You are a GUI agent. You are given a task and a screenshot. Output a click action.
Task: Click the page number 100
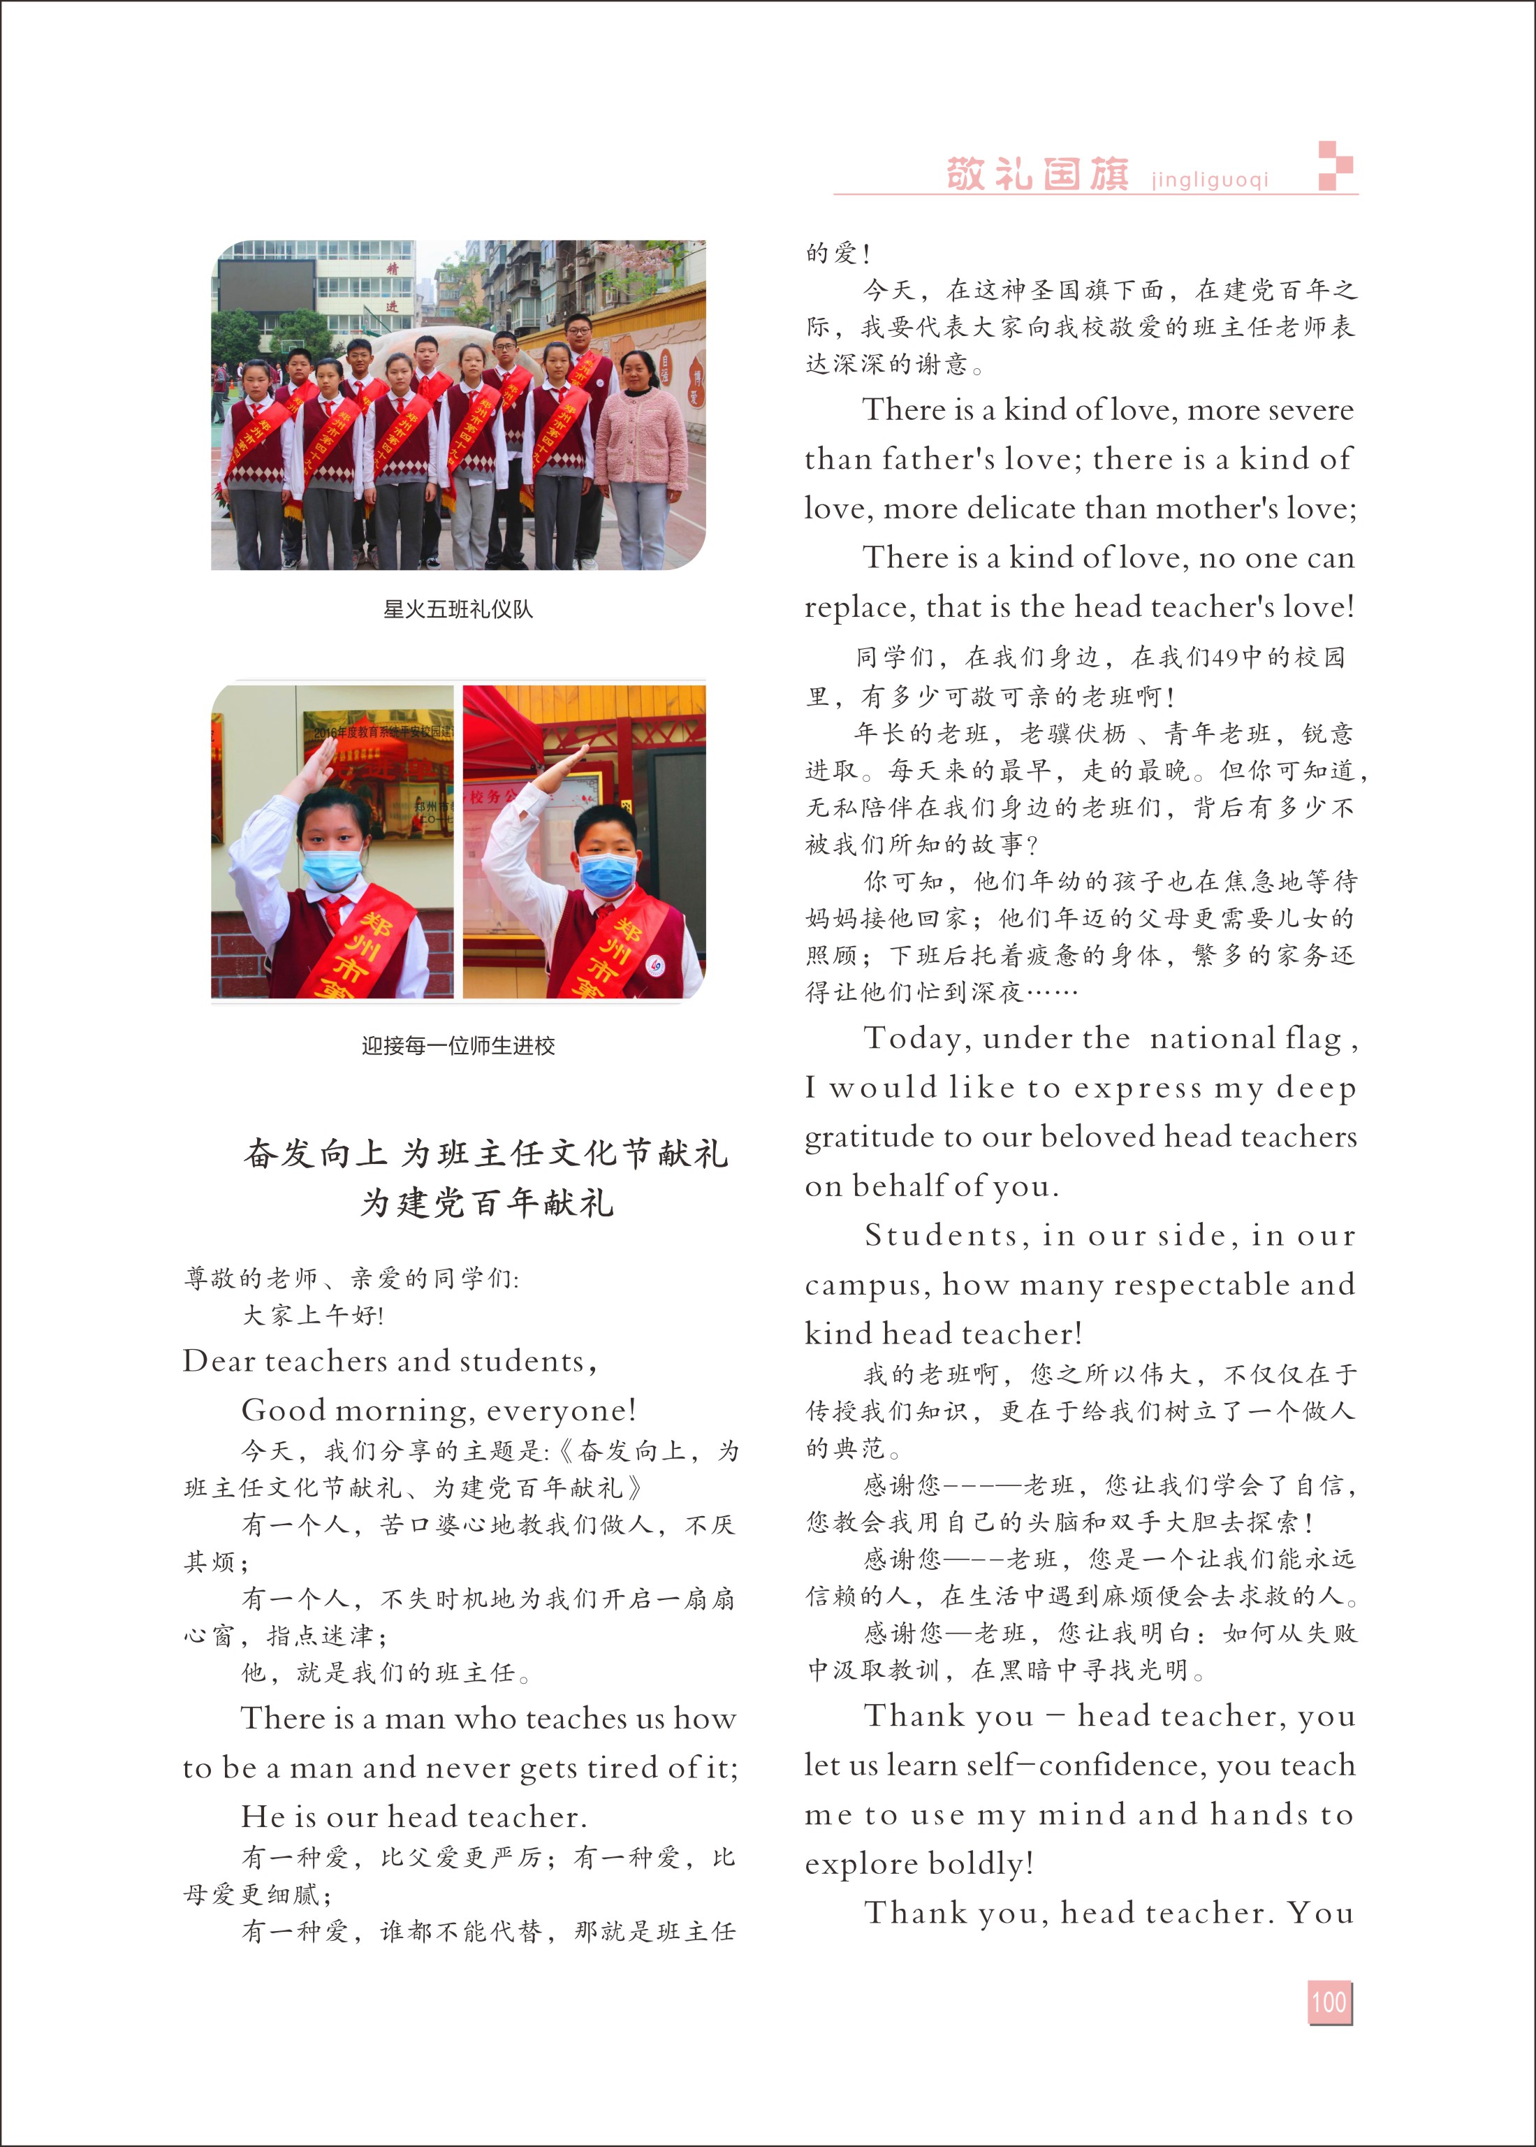1329,2002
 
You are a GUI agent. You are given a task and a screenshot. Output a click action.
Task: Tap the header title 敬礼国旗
1037,174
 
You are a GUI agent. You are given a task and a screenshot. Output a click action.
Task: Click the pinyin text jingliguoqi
1210,180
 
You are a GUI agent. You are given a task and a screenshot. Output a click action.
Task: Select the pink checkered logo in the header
1336,166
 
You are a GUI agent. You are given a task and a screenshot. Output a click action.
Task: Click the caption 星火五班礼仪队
458,609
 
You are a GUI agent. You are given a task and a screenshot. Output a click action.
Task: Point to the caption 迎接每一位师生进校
458,1045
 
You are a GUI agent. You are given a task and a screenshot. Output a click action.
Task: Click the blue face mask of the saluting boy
606,875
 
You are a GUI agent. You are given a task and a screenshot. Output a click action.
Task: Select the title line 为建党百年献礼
486,1203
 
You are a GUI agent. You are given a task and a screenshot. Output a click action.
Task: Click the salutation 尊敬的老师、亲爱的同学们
350,1279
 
